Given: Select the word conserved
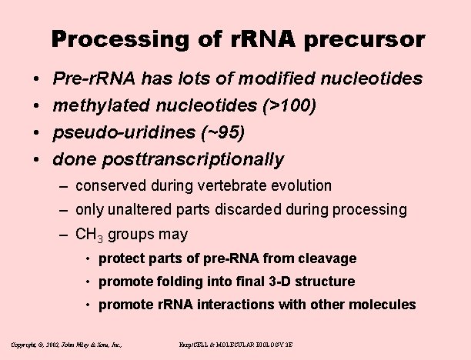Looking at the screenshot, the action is [109, 185].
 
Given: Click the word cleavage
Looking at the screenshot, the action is [329, 258].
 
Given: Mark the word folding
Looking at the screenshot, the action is [176, 282].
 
